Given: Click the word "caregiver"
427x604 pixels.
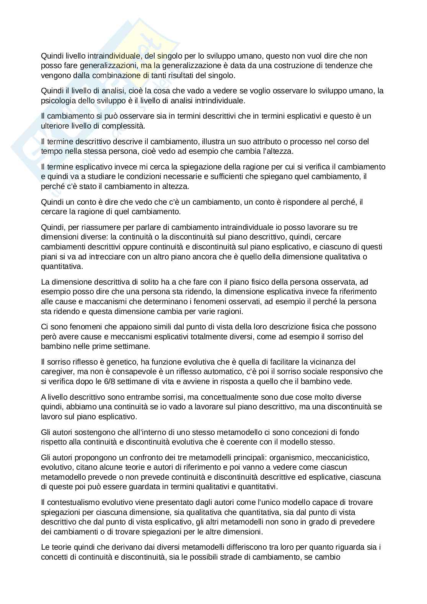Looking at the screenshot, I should point(56,371).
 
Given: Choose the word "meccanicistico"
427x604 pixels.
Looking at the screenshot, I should point(337,457).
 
